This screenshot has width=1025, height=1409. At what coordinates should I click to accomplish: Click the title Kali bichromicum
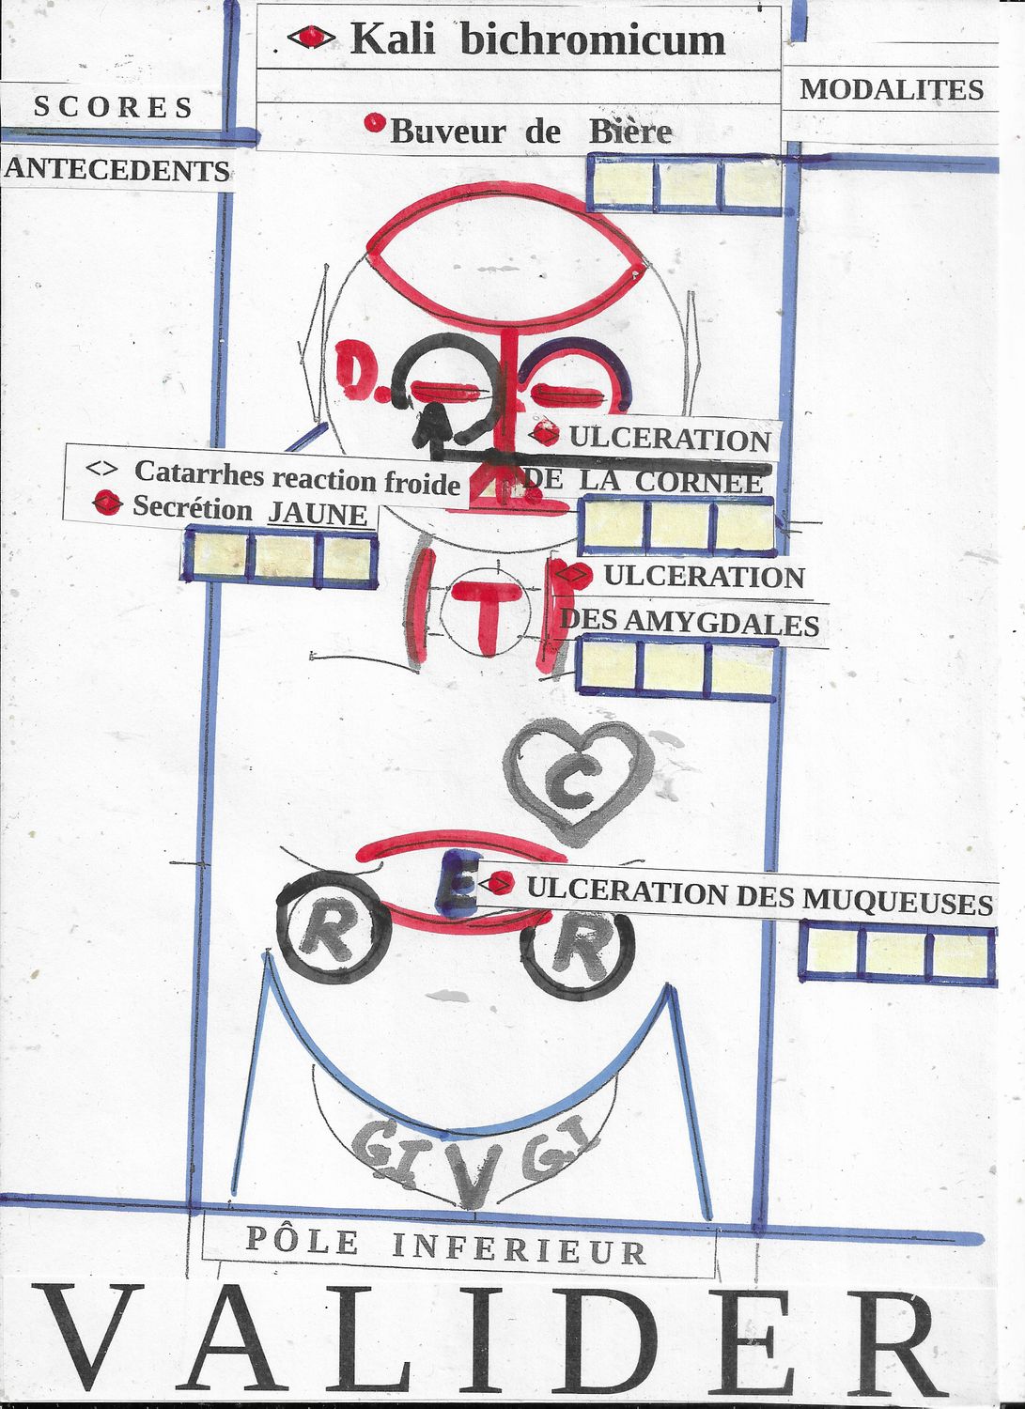[x=537, y=39]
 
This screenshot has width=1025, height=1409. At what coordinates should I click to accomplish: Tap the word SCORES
[x=114, y=107]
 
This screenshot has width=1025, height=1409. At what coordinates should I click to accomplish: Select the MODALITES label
[x=892, y=89]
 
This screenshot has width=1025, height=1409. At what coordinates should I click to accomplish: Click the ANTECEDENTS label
[x=117, y=170]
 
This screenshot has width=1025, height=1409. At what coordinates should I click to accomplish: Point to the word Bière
[x=630, y=132]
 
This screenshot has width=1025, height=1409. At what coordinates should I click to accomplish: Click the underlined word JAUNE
[x=318, y=515]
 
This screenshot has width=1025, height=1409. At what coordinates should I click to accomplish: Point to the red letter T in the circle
[x=485, y=615]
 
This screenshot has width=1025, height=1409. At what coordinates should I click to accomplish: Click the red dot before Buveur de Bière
[x=375, y=123]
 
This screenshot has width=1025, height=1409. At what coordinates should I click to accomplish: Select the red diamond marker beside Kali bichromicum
[x=311, y=38]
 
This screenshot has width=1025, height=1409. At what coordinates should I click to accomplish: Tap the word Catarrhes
[x=198, y=472]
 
